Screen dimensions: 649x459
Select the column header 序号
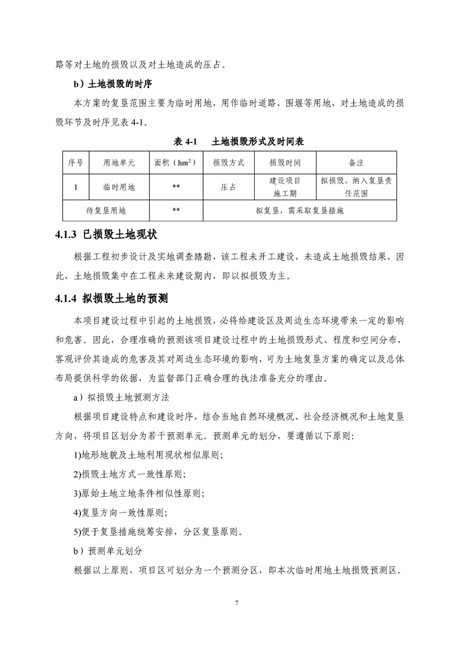point(76,163)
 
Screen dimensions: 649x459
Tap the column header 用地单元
point(119,163)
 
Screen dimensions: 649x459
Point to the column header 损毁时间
point(285,163)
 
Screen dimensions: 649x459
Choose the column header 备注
point(356,163)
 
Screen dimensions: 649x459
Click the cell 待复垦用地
point(106,211)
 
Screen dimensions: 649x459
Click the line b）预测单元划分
point(108,550)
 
